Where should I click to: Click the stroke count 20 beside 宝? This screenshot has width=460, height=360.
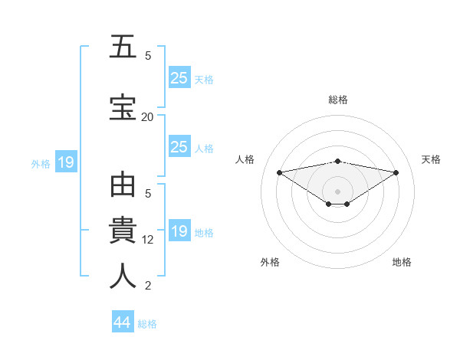point(148,116)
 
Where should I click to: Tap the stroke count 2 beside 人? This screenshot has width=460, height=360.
point(148,286)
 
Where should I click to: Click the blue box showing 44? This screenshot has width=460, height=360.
point(123,322)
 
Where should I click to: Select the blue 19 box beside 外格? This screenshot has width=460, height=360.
point(65,162)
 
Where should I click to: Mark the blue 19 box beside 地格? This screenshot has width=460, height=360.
point(179,231)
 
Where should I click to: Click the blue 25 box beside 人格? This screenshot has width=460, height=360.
point(179,147)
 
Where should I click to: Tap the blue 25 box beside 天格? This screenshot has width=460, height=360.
point(179,77)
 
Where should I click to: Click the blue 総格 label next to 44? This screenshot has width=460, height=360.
point(147,324)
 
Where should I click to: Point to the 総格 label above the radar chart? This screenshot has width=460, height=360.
point(337,100)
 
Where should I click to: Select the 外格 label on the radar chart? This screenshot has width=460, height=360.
point(270,262)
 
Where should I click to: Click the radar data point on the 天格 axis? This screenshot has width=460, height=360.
point(396,172)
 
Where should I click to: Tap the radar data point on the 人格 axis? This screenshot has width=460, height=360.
point(279,172)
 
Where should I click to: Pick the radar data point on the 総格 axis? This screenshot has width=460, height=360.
point(337,161)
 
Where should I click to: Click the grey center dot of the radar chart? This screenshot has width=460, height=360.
point(337,191)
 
